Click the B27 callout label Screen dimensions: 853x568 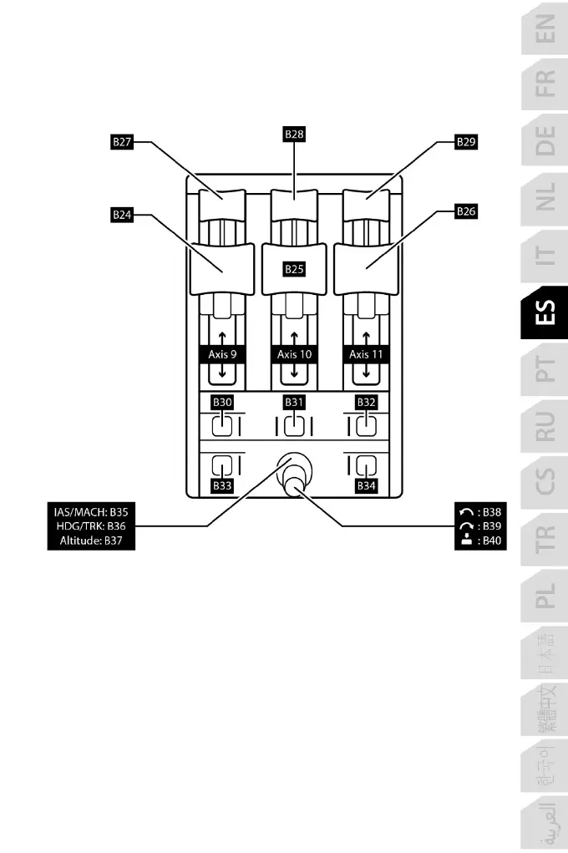pyautogui.click(x=123, y=143)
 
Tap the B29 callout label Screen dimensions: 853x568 pyautogui.click(x=466, y=143)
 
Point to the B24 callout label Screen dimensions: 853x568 pyautogui.click(x=123, y=215)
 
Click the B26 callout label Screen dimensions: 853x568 pyautogui.click(x=466, y=212)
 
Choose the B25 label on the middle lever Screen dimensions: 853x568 pyautogui.click(x=294, y=269)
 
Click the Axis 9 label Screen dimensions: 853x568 pyautogui.click(x=223, y=354)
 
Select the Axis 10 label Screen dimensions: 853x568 pyautogui.click(x=294, y=354)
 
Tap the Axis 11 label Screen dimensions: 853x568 pyautogui.click(x=365, y=354)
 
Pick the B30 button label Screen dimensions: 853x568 pyautogui.click(x=221, y=402)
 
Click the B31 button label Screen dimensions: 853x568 pyautogui.click(x=294, y=402)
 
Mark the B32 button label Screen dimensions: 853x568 pyautogui.click(x=366, y=402)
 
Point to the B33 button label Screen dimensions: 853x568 pyautogui.click(x=221, y=485)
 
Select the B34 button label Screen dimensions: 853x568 pyautogui.click(x=366, y=485)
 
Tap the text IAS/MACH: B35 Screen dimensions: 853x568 pyautogui.click(x=89, y=510)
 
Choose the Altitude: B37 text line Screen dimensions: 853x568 pyautogui.click(x=89, y=541)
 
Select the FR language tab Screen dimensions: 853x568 pyautogui.click(x=544, y=84)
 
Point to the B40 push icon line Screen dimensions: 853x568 pyautogui.click(x=479, y=541)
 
